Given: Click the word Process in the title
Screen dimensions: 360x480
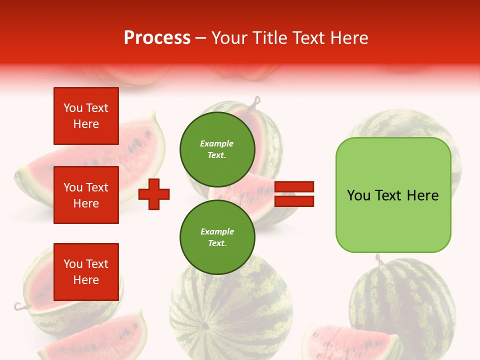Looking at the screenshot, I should click(x=157, y=38).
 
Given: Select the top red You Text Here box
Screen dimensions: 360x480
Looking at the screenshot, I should click(x=86, y=116).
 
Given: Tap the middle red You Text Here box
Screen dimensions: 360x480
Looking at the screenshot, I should click(x=86, y=195).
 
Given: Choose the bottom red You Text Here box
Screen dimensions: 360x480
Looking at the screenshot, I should click(x=86, y=271).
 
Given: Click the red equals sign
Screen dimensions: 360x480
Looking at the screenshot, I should click(x=294, y=194).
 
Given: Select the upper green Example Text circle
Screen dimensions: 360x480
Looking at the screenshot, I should click(x=217, y=149).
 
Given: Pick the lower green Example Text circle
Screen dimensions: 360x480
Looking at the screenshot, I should click(x=217, y=237).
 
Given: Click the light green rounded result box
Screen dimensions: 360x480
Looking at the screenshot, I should click(x=393, y=195).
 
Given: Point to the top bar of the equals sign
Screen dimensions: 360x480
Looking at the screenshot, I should click(x=294, y=186).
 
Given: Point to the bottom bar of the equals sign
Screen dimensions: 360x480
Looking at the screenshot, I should click(x=294, y=201).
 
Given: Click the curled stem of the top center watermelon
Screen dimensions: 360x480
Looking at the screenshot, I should click(x=257, y=102).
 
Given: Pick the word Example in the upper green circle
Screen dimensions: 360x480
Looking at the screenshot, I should click(x=217, y=143).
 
